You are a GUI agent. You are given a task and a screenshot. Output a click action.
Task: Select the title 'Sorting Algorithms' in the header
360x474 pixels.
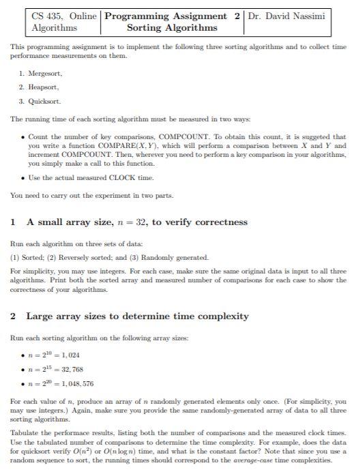172,28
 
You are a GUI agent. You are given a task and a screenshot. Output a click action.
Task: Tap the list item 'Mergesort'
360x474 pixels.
45,72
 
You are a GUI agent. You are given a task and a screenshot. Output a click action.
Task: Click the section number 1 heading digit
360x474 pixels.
14,222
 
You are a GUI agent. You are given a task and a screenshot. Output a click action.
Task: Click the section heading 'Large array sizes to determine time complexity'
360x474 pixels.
137,316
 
